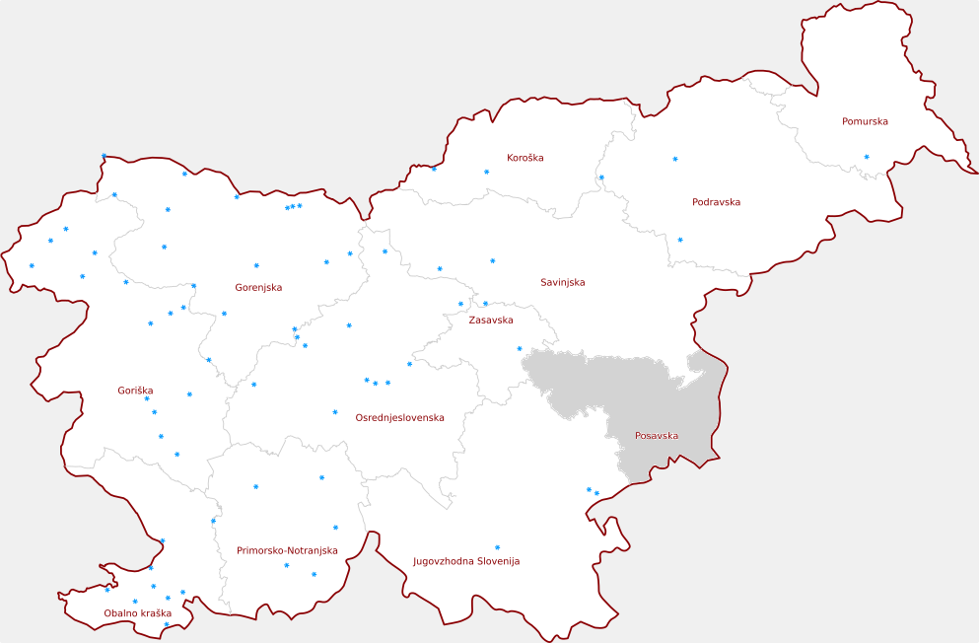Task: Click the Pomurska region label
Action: [x=865, y=122]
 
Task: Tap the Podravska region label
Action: [x=716, y=202]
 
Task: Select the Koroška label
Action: [x=524, y=158]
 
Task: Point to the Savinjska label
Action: [x=562, y=283]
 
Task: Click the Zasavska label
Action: [x=490, y=321]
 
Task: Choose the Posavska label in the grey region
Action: [x=657, y=436]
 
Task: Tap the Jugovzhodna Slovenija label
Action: [x=465, y=561]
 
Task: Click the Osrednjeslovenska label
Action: [x=399, y=418]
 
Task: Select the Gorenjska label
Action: [x=258, y=288]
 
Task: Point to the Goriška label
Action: [x=135, y=392]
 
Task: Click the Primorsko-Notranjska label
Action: [x=287, y=550]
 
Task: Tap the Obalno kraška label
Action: [x=138, y=613]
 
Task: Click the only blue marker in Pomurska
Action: [x=867, y=157]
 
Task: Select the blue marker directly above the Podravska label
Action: [x=675, y=159]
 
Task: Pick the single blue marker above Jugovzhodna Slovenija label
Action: [x=497, y=547]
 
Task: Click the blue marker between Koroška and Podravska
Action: [x=601, y=178]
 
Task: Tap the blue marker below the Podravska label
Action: [x=679, y=239]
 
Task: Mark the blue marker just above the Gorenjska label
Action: [x=256, y=265]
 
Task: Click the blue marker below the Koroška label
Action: [x=486, y=172]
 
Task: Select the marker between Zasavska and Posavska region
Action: [x=520, y=348]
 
